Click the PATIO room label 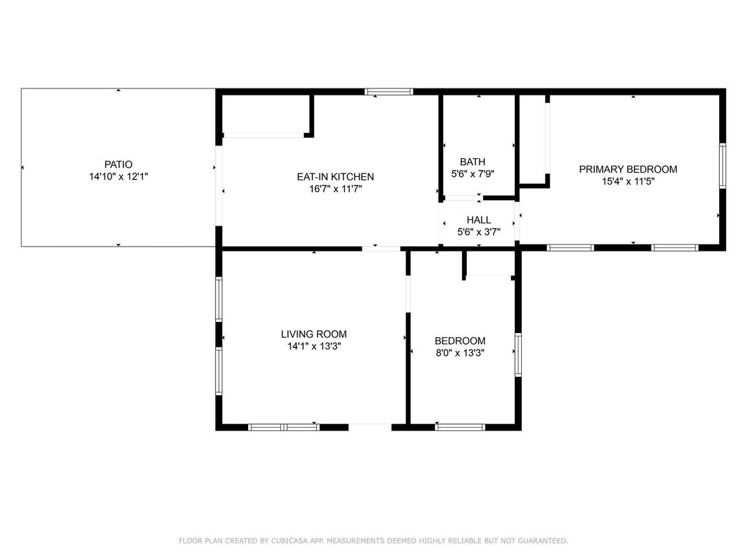pyautogui.click(x=118, y=165)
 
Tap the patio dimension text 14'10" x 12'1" pyautogui.click(x=118, y=177)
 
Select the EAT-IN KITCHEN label pyautogui.click(x=335, y=177)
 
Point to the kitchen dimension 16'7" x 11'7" pyautogui.click(x=336, y=189)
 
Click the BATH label pyautogui.click(x=472, y=162)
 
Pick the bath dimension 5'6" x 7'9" pyautogui.click(x=472, y=174)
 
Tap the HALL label pyautogui.click(x=479, y=220)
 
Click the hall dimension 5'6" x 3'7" pyautogui.click(x=479, y=233)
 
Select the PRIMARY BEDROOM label pyautogui.click(x=628, y=169)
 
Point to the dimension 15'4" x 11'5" pyautogui.click(x=629, y=181)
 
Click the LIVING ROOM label pyautogui.click(x=314, y=334)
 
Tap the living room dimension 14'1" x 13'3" pyautogui.click(x=314, y=346)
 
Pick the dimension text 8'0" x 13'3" pyautogui.click(x=460, y=353)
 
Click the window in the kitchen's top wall pyautogui.click(x=389, y=91)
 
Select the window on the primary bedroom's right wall pyautogui.click(x=723, y=166)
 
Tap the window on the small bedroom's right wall pyautogui.click(x=518, y=355)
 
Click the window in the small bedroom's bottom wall pyautogui.click(x=460, y=427)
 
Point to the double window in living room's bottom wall pyautogui.click(x=284, y=427)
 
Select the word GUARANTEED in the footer pyautogui.click(x=543, y=540)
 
